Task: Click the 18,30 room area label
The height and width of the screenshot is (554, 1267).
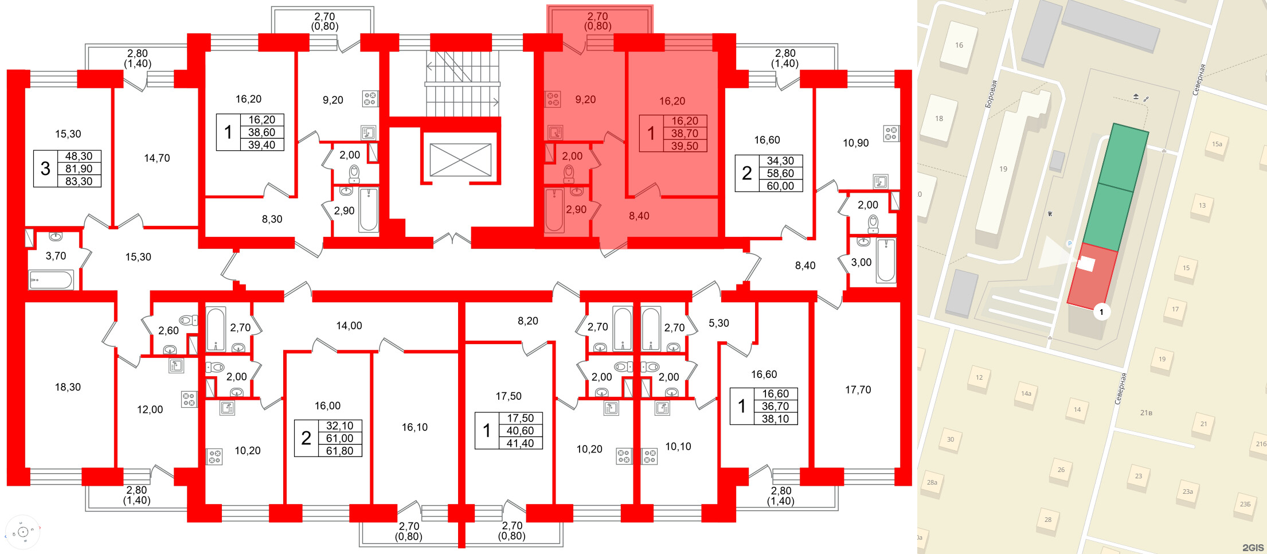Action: [x=68, y=387]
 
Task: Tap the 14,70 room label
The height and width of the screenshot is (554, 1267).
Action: [x=157, y=158]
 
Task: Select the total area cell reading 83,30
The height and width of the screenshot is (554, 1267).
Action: [x=79, y=181]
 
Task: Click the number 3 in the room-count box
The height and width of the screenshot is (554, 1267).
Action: [x=45, y=169]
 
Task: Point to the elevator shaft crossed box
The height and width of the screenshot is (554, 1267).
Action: [x=460, y=159]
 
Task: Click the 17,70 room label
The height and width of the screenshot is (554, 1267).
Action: [x=858, y=390]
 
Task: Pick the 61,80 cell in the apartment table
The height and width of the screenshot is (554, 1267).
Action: [x=339, y=451]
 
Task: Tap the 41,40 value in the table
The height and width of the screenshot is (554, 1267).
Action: [x=520, y=443]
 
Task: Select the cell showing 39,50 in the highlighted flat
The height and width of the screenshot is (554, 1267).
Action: [x=685, y=146]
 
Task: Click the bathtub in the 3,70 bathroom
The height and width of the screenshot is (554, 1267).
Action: [x=51, y=280]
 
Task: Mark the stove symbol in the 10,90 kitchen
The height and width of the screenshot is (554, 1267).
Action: [x=891, y=134]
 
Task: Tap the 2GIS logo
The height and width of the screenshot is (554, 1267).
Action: [x=1253, y=547]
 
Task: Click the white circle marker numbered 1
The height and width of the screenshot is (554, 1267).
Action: [x=1101, y=312]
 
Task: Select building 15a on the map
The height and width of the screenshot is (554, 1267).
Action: [x=1217, y=144]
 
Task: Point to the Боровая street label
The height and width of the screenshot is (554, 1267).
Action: [x=991, y=94]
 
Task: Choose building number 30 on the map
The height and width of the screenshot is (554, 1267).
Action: [x=950, y=439]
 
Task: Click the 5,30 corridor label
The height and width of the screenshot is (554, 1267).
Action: [x=718, y=323]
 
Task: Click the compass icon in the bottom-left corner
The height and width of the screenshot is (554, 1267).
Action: [x=23, y=532]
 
